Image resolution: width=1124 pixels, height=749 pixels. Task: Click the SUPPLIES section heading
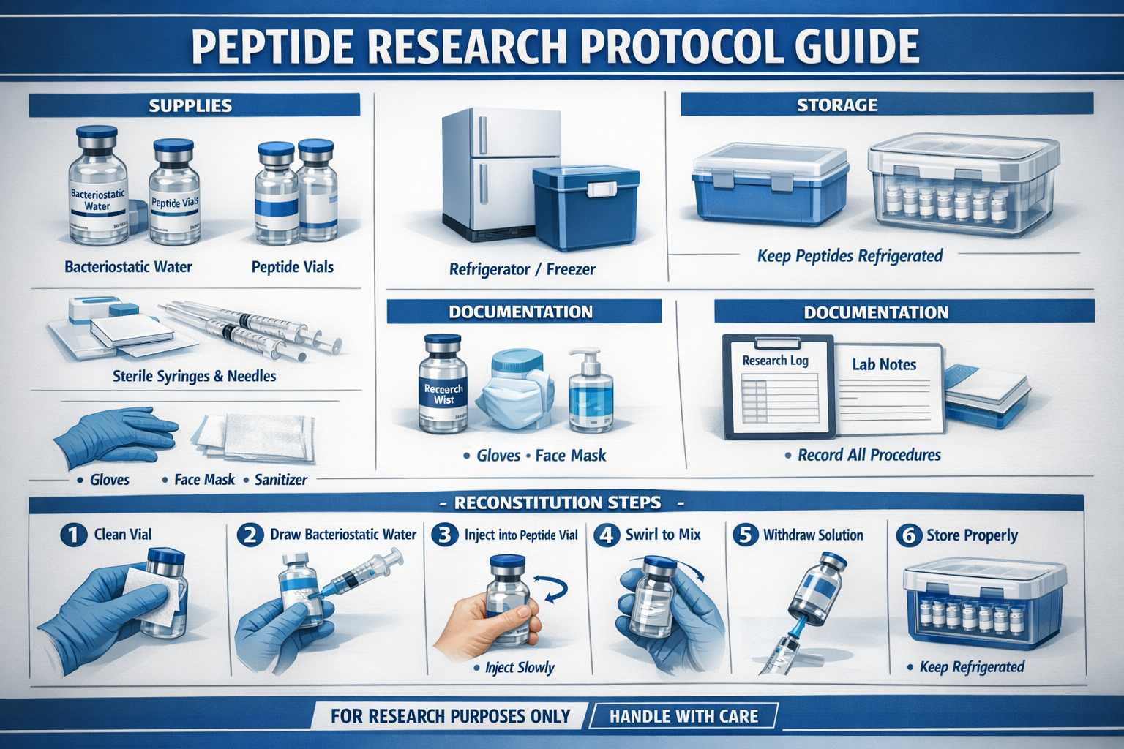click(190, 105)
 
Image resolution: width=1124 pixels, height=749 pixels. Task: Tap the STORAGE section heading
click(837, 105)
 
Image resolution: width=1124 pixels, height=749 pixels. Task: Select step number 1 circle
click(73, 535)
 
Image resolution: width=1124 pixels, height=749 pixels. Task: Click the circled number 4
click(607, 535)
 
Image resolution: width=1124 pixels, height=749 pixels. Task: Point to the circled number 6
click(908, 535)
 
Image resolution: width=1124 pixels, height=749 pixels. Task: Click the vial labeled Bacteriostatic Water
click(97, 187)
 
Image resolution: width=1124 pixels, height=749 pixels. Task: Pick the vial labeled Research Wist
click(443, 383)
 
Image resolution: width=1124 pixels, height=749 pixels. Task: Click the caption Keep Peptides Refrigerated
click(850, 256)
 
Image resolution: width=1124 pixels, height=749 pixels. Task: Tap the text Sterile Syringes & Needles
click(194, 376)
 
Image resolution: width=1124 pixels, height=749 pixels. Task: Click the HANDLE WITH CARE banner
click(683, 716)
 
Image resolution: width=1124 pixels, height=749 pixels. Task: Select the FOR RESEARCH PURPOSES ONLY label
click(450, 716)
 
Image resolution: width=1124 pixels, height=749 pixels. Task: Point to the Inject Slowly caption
click(520, 667)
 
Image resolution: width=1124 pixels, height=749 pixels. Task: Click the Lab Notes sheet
click(887, 388)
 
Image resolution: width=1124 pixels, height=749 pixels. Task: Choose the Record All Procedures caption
click(869, 455)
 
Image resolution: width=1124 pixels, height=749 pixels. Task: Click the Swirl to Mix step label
click(663, 535)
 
